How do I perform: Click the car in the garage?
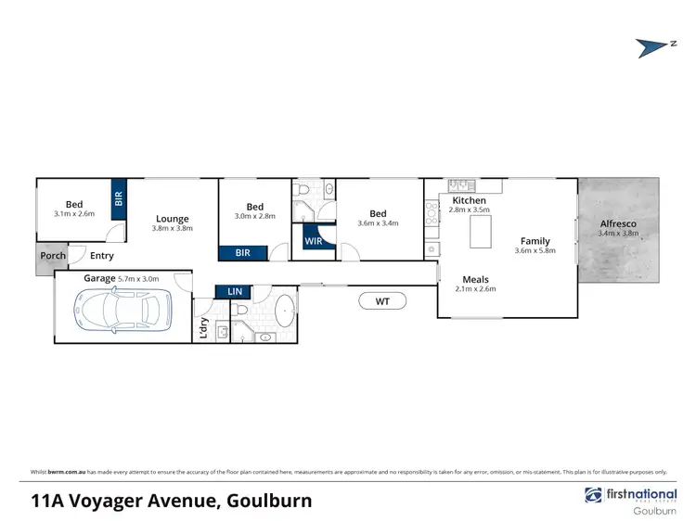coord(122,309)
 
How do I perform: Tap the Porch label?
coord(52,256)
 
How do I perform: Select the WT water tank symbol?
coord(382,300)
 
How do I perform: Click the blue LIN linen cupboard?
coord(235,292)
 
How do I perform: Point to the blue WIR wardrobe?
coord(313,242)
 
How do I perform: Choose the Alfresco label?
coord(617,223)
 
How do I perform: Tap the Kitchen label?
coord(469,200)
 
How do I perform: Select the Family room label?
coord(535,241)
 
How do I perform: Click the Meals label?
coord(475,279)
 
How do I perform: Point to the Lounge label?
coord(173,219)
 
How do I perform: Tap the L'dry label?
coord(203,327)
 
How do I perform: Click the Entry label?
coord(102,256)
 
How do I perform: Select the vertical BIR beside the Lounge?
coord(119,198)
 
